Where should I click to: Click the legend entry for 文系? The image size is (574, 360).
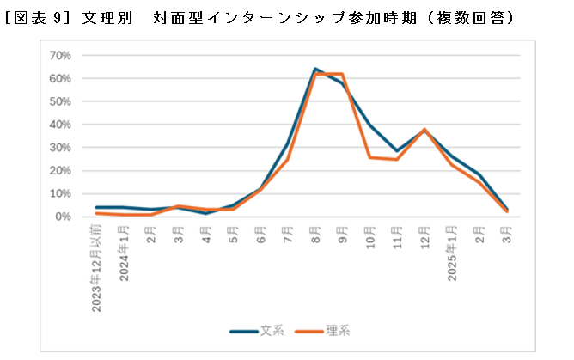click(x=258, y=330)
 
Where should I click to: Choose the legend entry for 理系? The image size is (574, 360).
click(x=322, y=330)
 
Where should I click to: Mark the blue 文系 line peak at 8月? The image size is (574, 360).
click(x=315, y=69)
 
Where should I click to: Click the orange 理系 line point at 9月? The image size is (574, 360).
click(x=343, y=74)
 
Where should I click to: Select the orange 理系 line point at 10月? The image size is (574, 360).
click(x=370, y=157)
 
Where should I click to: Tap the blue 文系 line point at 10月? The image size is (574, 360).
click(x=370, y=125)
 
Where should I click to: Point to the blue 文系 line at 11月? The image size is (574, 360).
click(x=397, y=151)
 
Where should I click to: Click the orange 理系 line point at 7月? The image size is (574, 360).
click(x=288, y=160)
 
